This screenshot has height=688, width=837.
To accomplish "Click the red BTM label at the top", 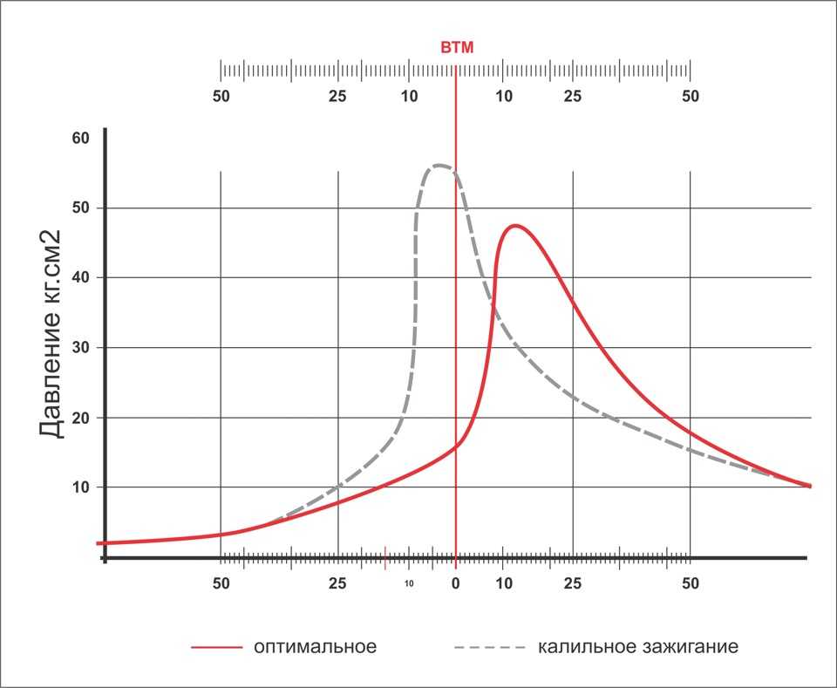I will [x=457, y=48].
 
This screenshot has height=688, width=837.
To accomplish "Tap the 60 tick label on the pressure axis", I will [x=81, y=139].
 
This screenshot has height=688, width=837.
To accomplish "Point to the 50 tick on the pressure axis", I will [x=81, y=208].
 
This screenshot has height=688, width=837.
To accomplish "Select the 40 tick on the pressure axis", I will [x=81, y=278].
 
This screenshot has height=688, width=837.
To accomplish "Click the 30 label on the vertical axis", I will [x=81, y=348].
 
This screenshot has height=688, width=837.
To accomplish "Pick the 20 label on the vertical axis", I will [x=81, y=418].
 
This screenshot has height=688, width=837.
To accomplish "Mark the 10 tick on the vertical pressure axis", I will [x=81, y=487].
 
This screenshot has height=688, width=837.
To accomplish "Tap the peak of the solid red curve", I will [x=516, y=226].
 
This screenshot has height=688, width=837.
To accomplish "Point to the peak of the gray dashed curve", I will [x=439, y=166].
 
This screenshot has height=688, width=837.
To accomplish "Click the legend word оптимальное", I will [x=316, y=647].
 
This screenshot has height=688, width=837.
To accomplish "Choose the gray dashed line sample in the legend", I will [x=490, y=648].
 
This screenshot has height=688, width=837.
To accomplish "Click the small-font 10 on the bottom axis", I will [x=409, y=582].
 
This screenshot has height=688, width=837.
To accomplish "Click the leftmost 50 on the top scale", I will [x=221, y=96].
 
